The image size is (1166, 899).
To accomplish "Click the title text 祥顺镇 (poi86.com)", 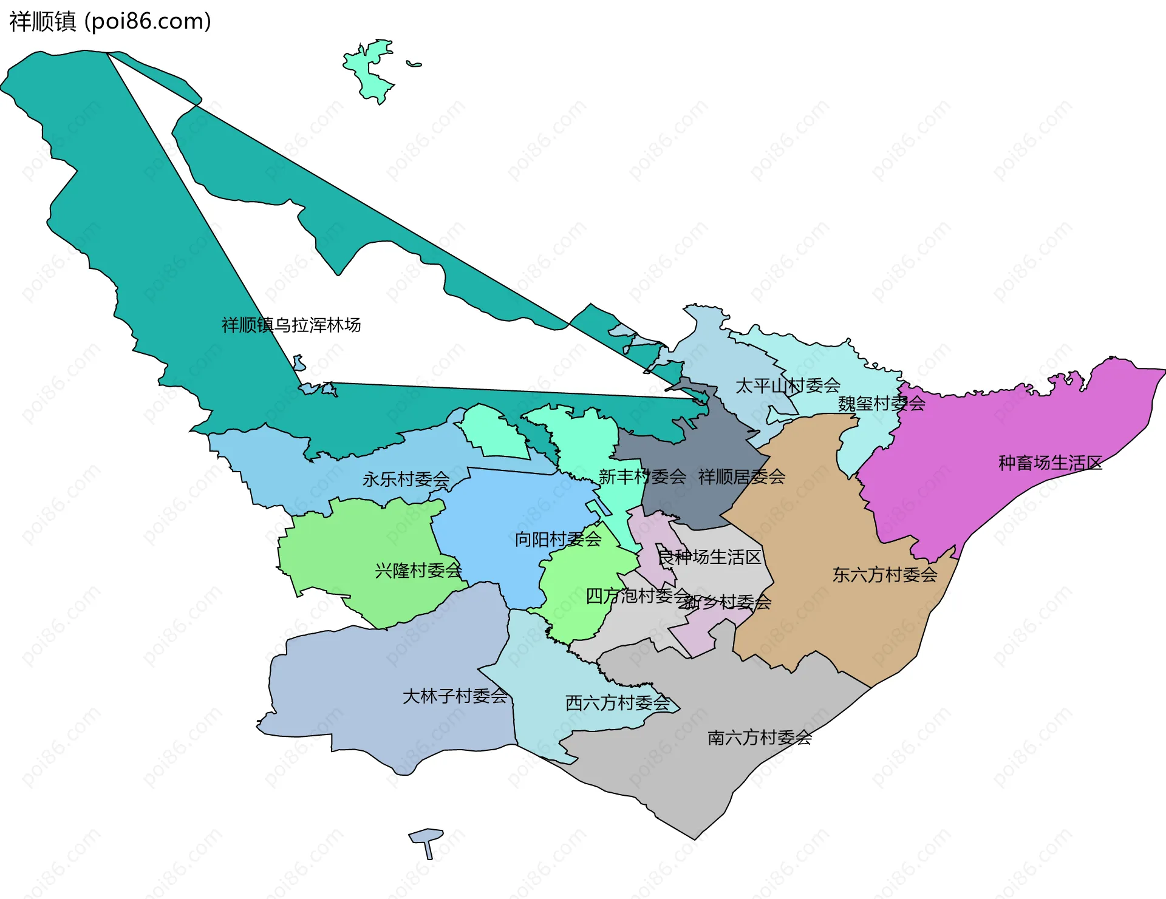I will click(110, 21).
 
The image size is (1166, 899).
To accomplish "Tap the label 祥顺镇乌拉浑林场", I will click(291, 325).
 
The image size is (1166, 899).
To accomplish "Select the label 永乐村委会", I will click(406, 480).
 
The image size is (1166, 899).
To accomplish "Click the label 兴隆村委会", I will click(418, 571).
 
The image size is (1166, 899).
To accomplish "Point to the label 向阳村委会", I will click(558, 539).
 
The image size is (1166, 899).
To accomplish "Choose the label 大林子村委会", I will click(455, 696).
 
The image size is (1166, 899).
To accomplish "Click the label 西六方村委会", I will click(618, 703).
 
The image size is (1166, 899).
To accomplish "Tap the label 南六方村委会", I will click(760, 738).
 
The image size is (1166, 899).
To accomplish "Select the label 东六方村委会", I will click(885, 575).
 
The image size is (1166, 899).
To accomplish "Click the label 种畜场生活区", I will click(1050, 463).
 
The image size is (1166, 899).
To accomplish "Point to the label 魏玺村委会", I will click(882, 404).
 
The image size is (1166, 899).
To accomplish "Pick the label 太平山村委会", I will click(788, 385).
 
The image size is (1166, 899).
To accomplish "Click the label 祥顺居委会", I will click(742, 477).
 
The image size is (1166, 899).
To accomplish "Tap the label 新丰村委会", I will click(642, 477).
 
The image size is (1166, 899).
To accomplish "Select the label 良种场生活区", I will click(709, 557).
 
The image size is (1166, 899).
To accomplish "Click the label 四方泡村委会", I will click(637, 596).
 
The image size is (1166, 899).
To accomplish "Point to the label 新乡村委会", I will click(726, 602).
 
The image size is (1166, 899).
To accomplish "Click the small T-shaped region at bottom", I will click(427, 843).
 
